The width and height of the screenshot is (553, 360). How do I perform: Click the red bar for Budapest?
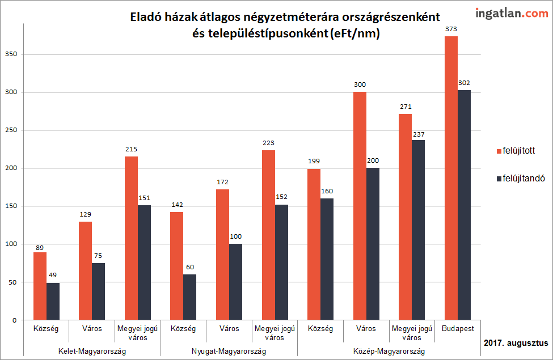click(x=451, y=178)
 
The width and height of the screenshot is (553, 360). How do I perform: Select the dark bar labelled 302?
click(x=464, y=205)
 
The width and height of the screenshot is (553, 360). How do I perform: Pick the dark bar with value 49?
click(x=53, y=301)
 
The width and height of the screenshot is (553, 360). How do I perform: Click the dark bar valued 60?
click(x=189, y=297)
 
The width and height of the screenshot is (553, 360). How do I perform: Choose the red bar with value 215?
click(x=131, y=238)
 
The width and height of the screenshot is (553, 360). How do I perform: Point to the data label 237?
click(x=419, y=134)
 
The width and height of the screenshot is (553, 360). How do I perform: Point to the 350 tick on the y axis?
click(x=11, y=54)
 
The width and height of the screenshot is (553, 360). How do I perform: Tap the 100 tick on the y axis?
click(x=11, y=244)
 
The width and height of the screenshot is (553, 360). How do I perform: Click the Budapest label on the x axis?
click(x=457, y=328)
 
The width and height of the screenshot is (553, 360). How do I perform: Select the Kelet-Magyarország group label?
click(x=92, y=351)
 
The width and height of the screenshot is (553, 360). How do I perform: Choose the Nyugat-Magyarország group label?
click(x=229, y=351)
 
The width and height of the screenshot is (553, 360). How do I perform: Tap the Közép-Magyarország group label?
click(x=389, y=351)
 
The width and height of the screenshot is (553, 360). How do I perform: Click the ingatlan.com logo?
click(x=504, y=13)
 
